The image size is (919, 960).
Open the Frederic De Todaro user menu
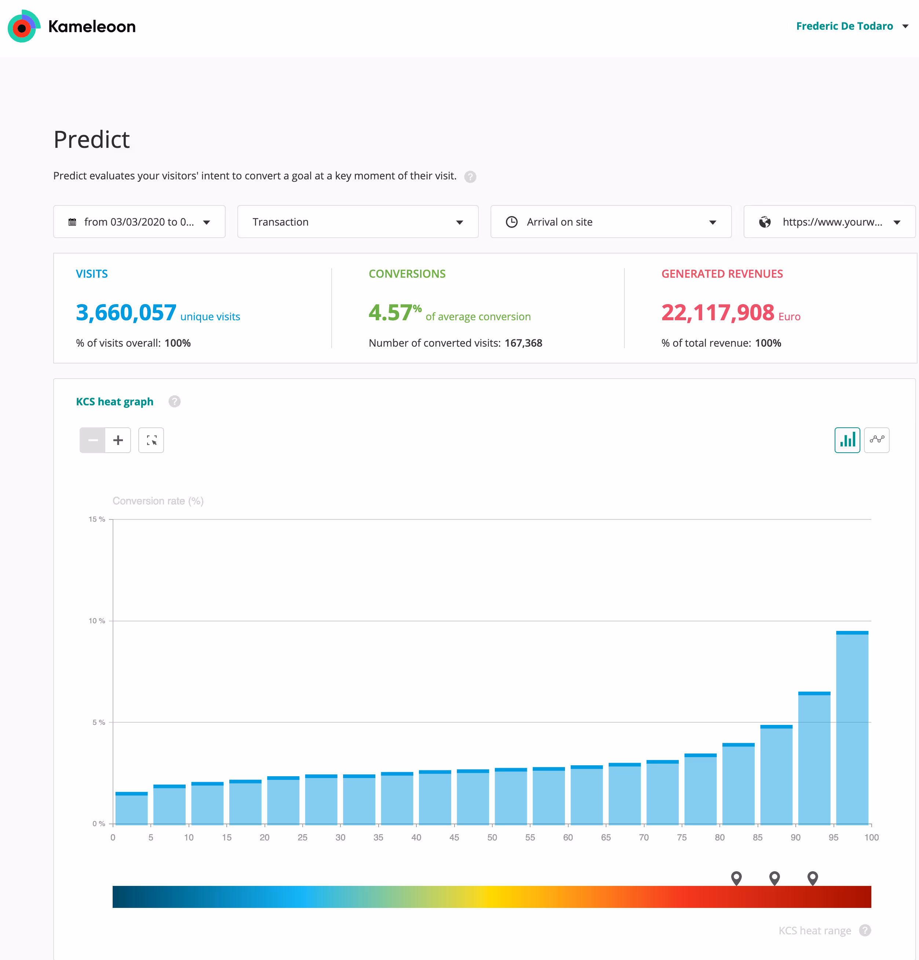coord(851,26)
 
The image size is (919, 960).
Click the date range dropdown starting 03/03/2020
coord(139,222)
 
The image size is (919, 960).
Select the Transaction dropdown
coord(358,222)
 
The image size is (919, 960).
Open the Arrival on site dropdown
coord(610,222)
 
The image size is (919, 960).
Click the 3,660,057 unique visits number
coord(126,313)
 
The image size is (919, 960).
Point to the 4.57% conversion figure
coord(394,313)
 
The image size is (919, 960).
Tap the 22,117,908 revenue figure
coord(717,313)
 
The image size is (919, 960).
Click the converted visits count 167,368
coord(523,343)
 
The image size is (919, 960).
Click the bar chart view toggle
coord(847,440)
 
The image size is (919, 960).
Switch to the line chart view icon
coord(876,440)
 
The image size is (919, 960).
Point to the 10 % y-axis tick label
coord(96,621)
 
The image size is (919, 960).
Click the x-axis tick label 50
coord(492,837)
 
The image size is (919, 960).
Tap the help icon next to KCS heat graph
coord(174,402)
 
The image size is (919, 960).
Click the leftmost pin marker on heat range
coord(736,878)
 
